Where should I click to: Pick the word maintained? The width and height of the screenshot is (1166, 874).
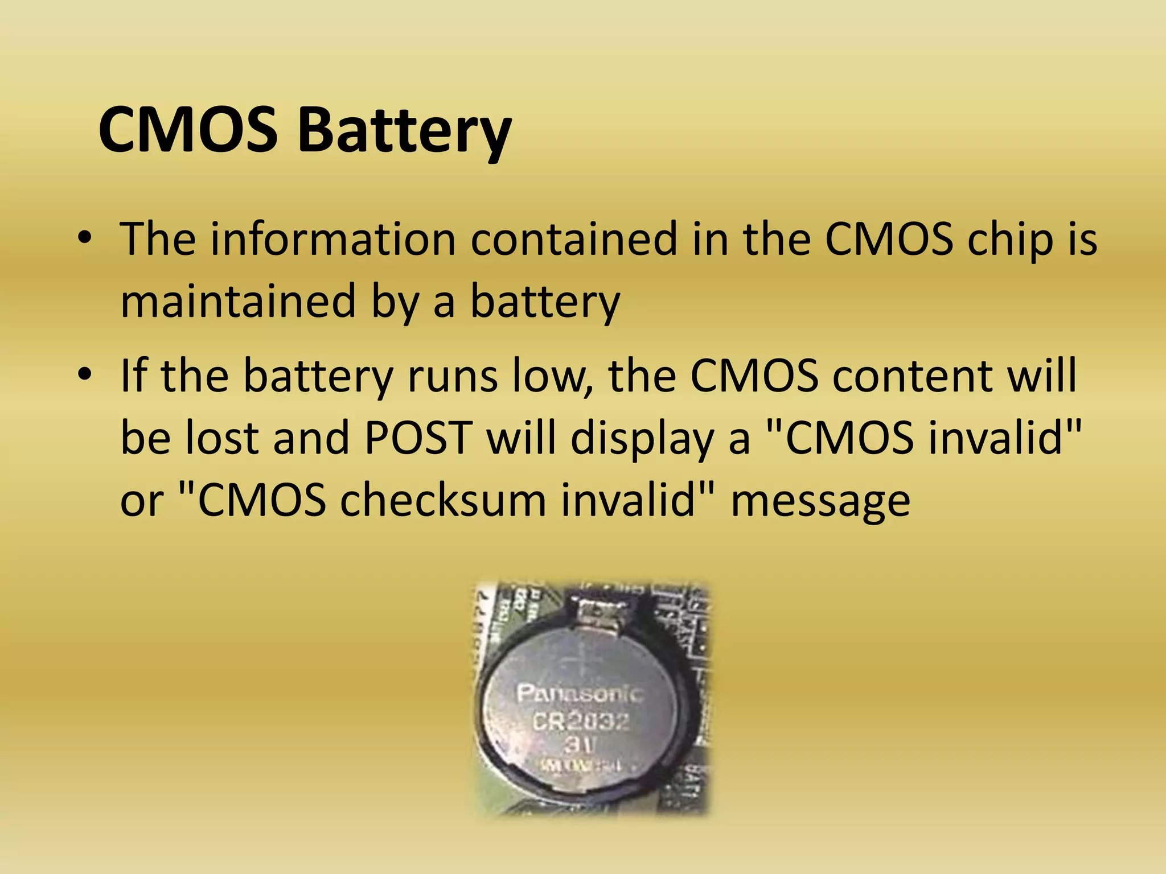click(x=238, y=301)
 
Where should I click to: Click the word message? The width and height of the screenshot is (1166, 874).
click(x=820, y=502)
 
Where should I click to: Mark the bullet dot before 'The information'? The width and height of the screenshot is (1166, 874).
click(x=85, y=239)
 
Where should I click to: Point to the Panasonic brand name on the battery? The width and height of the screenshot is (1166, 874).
click(x=580, y=694)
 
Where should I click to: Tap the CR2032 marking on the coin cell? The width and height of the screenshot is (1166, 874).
click(x=581, y=722)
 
